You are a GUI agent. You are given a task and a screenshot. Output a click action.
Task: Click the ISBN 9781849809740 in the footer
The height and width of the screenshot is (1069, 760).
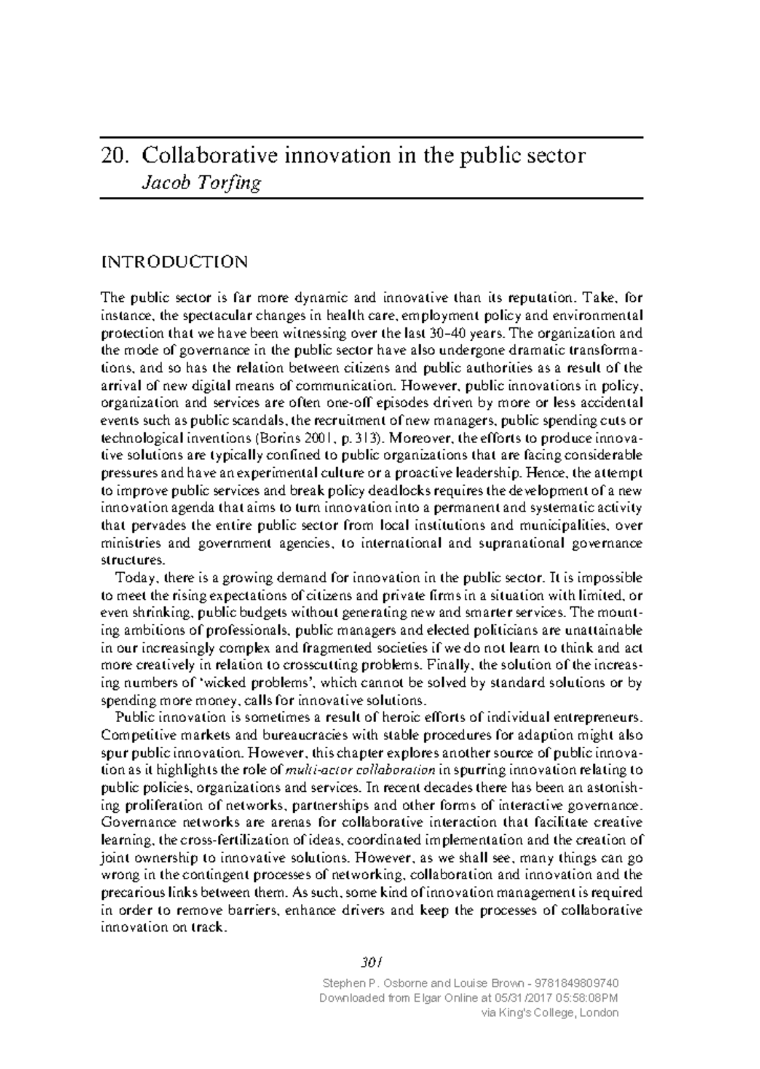[577, 984]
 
